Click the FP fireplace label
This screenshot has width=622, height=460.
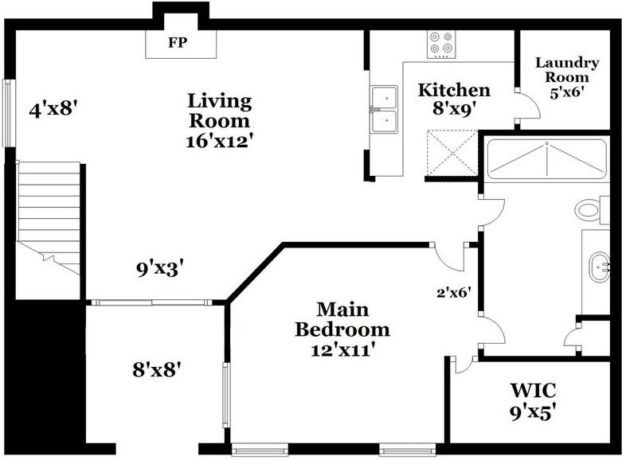(x=178, y=42)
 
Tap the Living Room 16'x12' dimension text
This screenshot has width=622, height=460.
(x=219, y=142)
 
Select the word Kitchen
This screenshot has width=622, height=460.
(x=454, y=90)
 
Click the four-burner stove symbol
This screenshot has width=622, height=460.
(x=441, y=45)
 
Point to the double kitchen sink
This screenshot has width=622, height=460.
(x=384, y=110)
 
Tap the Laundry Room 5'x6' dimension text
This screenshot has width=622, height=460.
(x=566, y=93)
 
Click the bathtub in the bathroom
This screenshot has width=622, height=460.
(x=546, y=158)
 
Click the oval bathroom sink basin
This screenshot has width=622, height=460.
(x=599, y=267)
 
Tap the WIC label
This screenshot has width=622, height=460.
(x=533, y=391)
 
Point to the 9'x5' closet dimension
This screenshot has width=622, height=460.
(x=532, y=413)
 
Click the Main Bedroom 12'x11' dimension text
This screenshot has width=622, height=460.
(x=342, y=350)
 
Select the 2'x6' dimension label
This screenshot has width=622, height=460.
(x=454, y=293)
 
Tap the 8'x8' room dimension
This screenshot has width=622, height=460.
(x=157, y=370)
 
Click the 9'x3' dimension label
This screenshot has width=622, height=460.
(x=160, y=269)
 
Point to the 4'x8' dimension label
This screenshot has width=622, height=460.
(x=53, y=109)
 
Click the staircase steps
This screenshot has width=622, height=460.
(x=49, y=217)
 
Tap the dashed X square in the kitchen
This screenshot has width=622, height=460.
(x=452, y=152)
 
